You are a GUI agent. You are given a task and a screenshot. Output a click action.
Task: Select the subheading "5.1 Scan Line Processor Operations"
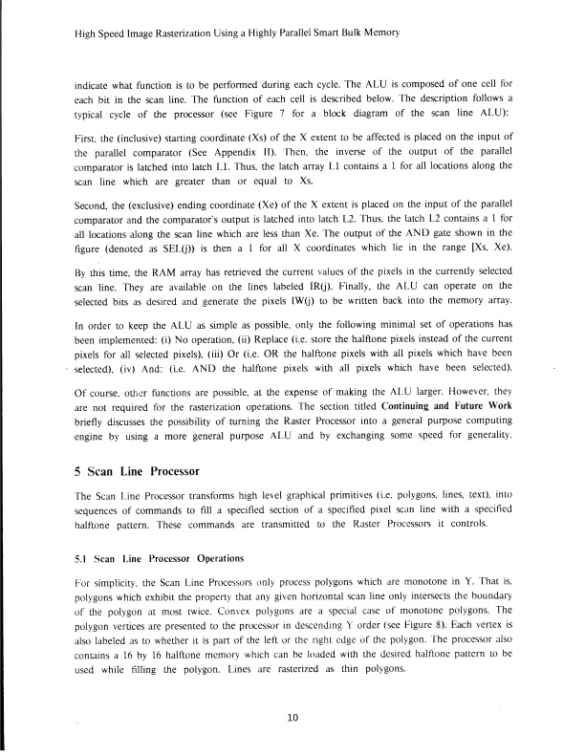[146, 556]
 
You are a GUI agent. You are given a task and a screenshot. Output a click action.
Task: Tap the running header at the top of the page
[236, 32]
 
